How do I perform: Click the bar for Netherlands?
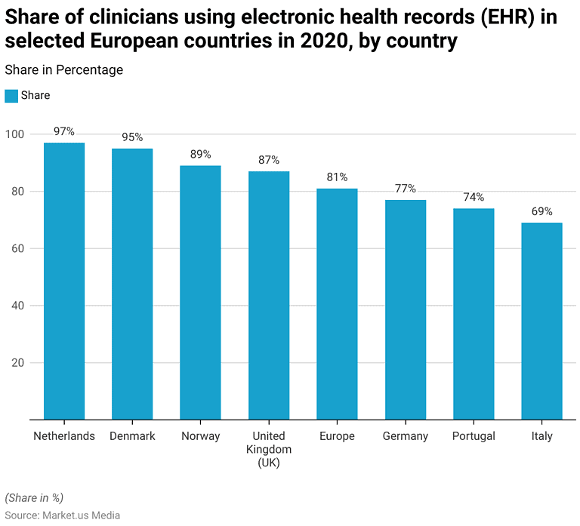click(x=64, y=281)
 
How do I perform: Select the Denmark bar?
click(x=132, y=284)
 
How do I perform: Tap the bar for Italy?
click(x=541, y=321)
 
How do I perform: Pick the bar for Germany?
click(x=406, y=309)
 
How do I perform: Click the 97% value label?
click(x=64, y=131)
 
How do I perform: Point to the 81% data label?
click(x=337, y=177)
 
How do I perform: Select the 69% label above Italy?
click(x=541, y=211)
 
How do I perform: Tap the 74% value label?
click(x=474, y=197)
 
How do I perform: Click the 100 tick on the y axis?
click(x=15, y=134)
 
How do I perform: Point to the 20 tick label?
click(x=18, y=363)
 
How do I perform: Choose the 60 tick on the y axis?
click(x=18, y=249)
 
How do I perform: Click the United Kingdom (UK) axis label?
click(x=269, y=449)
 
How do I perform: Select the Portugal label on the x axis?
click(x=474, y=436)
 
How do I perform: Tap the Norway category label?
click(x=200, y=436)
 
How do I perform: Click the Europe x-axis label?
click(x=337, y=436)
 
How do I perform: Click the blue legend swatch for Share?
click(x=11, y=96)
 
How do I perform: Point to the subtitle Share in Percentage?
click(x=63, y=70)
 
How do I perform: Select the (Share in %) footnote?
click(x=34, y=498)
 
